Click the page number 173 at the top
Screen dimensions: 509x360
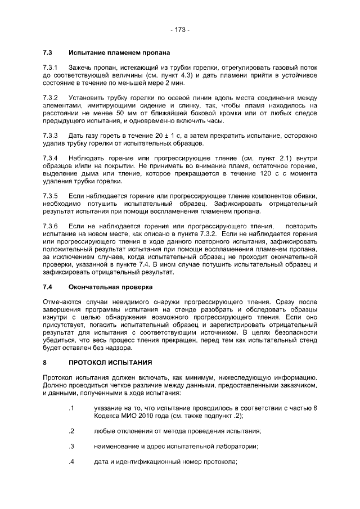tap(179, 29)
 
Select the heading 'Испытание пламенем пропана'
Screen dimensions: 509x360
tap(119, 53)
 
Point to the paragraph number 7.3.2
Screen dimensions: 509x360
tap(51, 97)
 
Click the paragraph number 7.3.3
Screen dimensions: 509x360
tap(51, 135)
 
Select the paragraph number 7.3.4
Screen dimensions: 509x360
tap(51, 158)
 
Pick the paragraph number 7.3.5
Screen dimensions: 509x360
tap(51, 195)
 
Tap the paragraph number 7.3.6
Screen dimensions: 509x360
tap(51, 226)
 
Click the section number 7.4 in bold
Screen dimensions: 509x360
tap(48, 286)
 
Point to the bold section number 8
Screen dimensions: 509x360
tap(45, 362)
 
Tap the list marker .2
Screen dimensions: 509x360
tap(71, 431)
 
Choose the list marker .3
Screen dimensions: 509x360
tap(71, 446)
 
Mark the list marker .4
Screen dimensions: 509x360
tap(71, 462)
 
